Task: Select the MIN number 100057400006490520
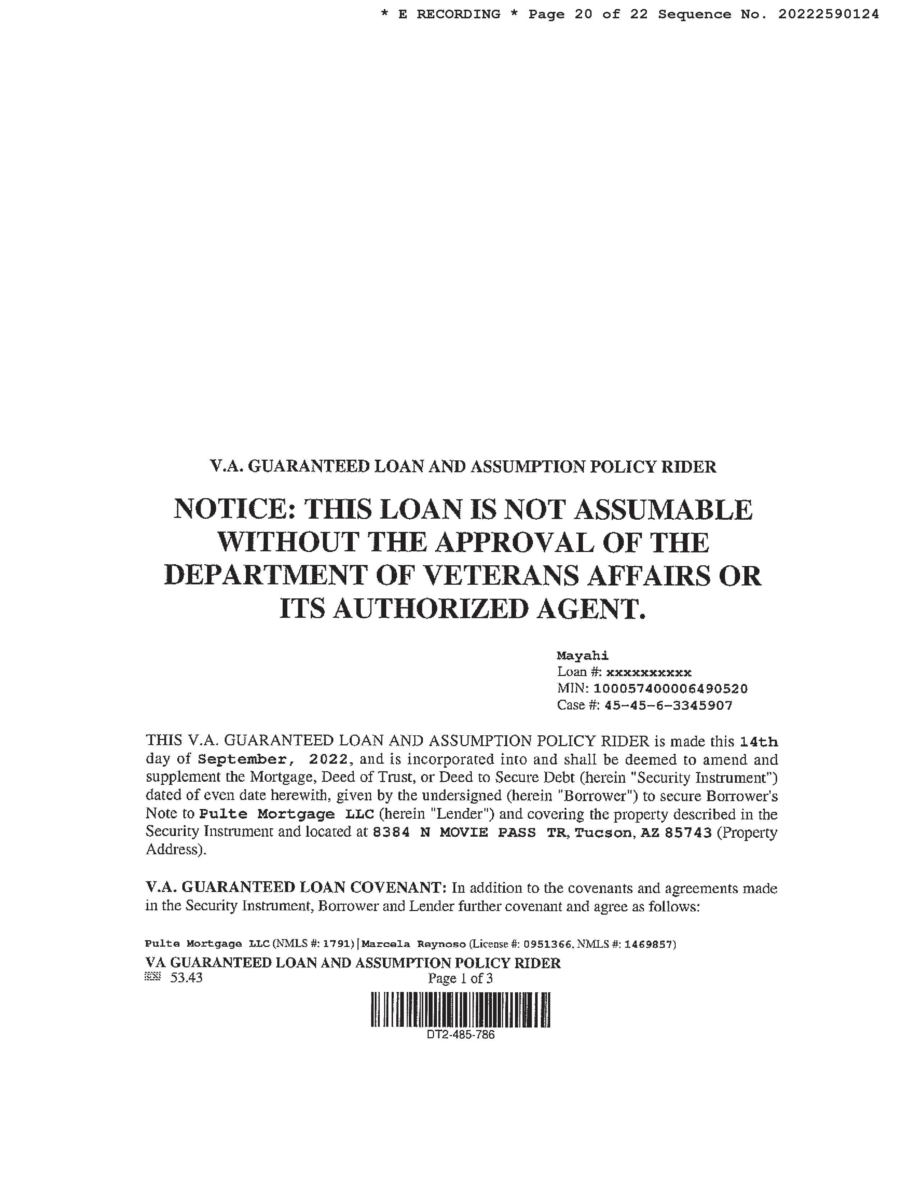[670, 689]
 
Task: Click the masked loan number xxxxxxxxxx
[649, 673]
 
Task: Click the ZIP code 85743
[688, 832]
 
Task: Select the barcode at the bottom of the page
[460, 1010]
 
